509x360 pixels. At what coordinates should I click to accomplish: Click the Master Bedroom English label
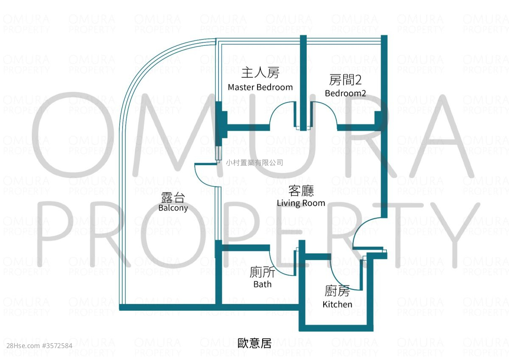[x=260, y=87]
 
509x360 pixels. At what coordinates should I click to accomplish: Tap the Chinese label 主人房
[x=260, y=73]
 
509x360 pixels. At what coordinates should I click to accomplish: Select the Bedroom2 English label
[x=345, y=93]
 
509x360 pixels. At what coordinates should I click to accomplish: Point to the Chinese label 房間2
[x=345, y=80]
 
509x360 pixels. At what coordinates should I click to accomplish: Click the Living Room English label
[x=301, y=203]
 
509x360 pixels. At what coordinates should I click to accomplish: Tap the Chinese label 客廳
[x=301, y=191]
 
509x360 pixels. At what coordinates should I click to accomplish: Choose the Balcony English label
[x=173, y=208]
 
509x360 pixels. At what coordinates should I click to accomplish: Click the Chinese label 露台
[x=173, y=197]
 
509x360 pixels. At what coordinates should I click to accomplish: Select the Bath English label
[x=263, y=284]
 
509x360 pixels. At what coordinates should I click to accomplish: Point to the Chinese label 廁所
[x=263, y=272]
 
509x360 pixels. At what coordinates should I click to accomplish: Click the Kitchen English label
[x=338, y=304]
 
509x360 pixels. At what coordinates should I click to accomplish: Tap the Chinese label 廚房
[x=337, y=291]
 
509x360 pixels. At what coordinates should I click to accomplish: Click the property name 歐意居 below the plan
[x=255, y=343]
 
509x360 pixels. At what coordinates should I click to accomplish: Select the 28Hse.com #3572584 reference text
[x=39, y=346]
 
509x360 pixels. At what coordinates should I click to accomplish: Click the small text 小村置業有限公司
[x=255, y=163]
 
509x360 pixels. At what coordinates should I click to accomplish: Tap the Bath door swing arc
[x=282, y=263]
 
